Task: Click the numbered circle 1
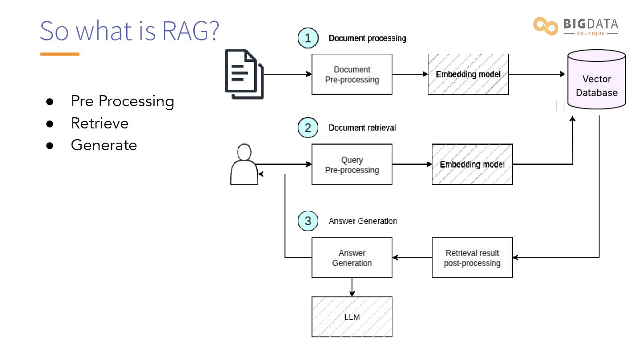(x=308, y=38)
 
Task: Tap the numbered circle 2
(x=308, y=128)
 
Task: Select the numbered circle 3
(x=308, y=221)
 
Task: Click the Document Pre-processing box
(x=352, y=74)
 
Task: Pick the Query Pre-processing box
(x=352, y=164)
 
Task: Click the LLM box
(x=352, y=317)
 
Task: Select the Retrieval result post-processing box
(x=472, y=257)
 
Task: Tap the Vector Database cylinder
(x=596, y=80)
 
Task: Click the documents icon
(x=244, y=74)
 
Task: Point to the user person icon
(x=244, y=164)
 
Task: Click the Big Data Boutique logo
(x=576, y=26)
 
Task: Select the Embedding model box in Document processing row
(x=468, y=74)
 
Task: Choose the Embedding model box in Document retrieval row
(x=472, y=164)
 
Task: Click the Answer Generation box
(x=352, y=257)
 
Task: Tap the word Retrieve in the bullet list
(x=100, y=123)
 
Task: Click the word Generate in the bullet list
(x=104, y=145)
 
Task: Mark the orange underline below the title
(x=60, y=54)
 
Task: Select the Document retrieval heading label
(x=362, y=128)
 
